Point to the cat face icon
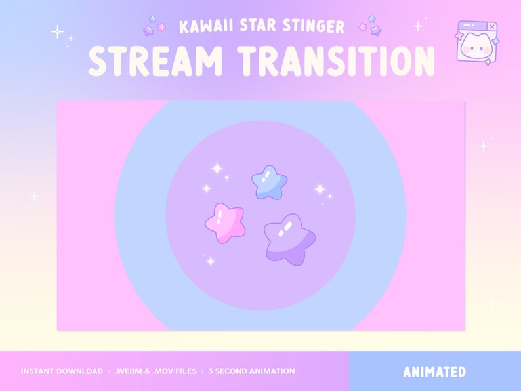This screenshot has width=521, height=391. pyautogui.click(x=475, y=47)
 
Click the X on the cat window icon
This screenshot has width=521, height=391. pyautogui.click(x=492, y=27)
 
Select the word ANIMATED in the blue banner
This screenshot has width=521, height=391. pyautogui.click(x=434, y=372)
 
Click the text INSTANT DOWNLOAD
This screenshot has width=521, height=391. pyautogui.click(x=62, y=371)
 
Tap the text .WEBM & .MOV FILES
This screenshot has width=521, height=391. pyautogui.click(x=155, y=371)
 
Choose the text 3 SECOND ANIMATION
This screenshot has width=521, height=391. pyautogui.click(x=251, y=371)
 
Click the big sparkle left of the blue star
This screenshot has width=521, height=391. pyautogui.click(x=217, y=169)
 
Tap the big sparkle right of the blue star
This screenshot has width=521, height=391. pyautogui.click(x=320, y=190)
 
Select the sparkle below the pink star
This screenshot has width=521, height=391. pyautogui.click(x=210, y=261)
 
